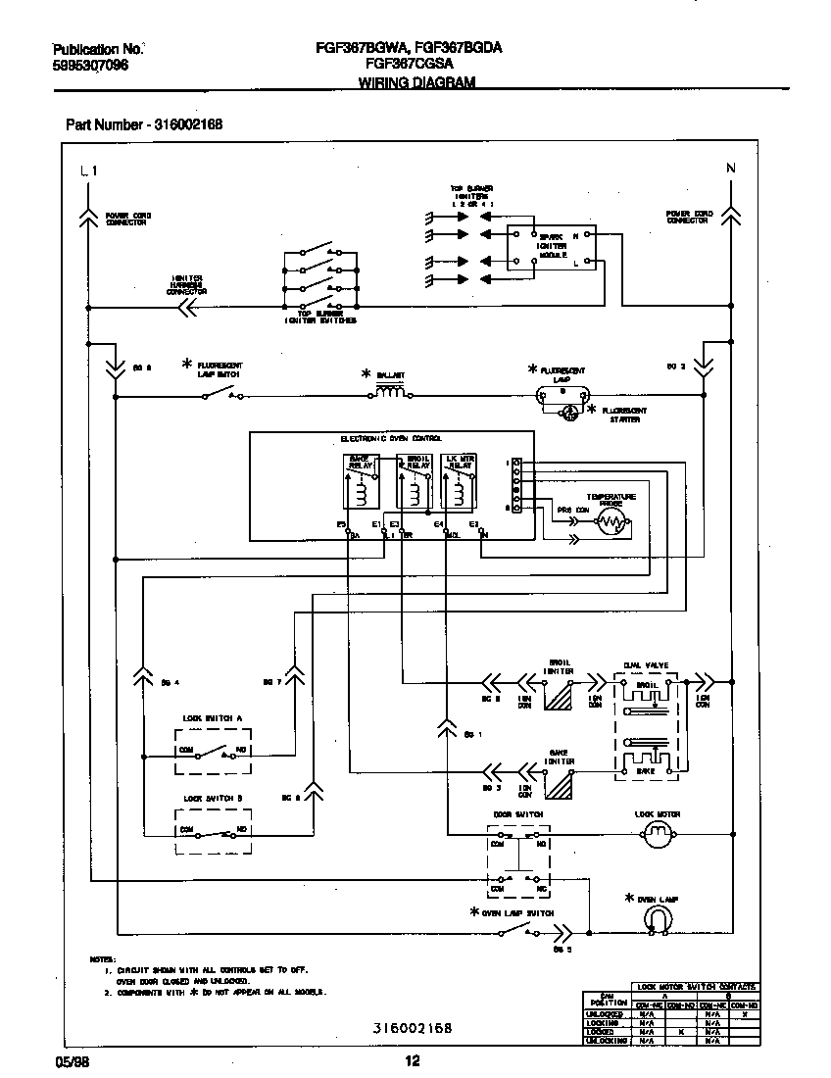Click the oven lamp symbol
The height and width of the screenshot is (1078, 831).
[659, 918]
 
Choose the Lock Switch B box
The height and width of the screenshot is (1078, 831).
[213, 830]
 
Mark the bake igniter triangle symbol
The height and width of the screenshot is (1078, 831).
[560, 786]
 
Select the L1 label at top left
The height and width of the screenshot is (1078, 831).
[88, 171]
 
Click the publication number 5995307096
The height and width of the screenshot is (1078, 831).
[89, 65]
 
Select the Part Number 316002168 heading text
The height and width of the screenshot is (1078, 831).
[144, 124]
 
